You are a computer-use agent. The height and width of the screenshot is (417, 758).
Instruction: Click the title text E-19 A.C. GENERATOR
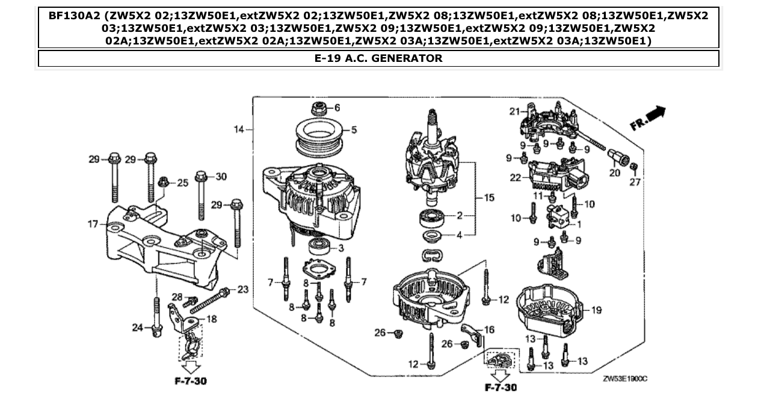(x=378, y=58)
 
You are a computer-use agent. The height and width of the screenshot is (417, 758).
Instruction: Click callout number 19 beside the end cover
(x=596, y=311)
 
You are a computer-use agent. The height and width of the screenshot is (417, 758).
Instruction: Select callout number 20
(x=614, y=173)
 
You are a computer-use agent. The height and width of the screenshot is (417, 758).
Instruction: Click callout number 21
(x=514, y=111)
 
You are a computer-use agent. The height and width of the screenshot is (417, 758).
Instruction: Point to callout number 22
(x=515, y=177)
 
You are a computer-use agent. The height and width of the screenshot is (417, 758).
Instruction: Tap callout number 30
(x=221, y=177)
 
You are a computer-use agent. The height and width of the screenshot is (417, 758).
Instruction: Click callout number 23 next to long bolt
(x=242, y=290)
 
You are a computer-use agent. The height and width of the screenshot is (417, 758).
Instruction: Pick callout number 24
(x=138, y=327)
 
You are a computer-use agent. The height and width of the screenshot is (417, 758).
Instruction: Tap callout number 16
(x=489, y=330)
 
